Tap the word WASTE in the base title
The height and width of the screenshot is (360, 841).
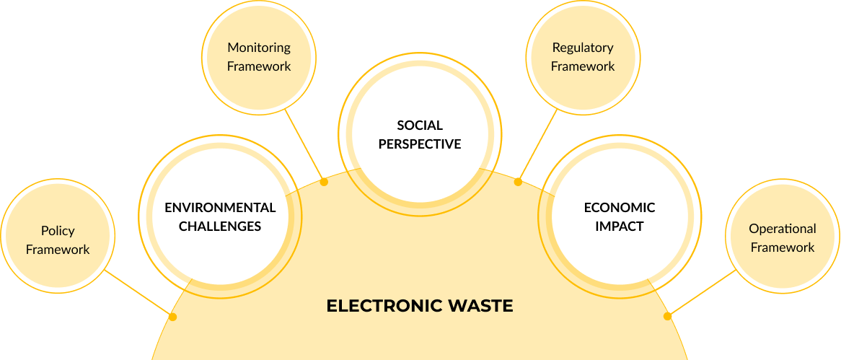480,306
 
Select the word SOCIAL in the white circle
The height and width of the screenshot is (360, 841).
420,126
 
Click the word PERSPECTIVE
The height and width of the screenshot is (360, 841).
420,144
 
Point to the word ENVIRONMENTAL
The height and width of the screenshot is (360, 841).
220,208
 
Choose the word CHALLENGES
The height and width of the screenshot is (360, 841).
220,226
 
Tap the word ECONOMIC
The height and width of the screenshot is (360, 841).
620,208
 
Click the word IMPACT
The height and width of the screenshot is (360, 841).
620,226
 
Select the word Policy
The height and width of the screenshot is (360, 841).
58,231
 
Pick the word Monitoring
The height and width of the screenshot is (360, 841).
259,48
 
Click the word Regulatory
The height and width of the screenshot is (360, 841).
583,48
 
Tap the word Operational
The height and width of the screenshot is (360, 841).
783,229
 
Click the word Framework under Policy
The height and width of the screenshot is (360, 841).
58,250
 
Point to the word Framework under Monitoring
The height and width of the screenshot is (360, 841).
259,66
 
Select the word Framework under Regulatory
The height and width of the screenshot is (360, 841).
583,66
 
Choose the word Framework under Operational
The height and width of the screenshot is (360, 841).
783,247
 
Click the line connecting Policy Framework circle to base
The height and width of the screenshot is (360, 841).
137,292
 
